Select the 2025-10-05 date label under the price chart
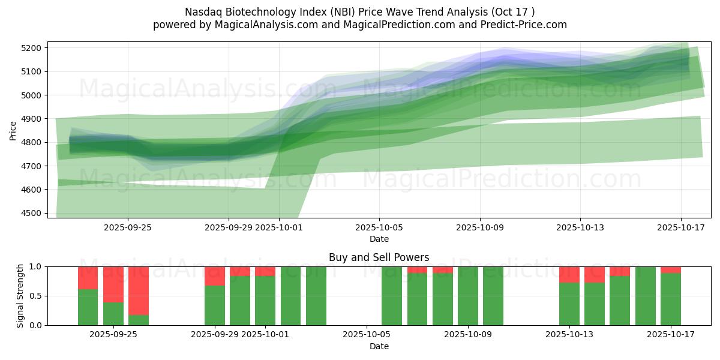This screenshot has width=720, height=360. tap(379, 227)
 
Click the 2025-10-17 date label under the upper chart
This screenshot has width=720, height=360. tap(681, 227)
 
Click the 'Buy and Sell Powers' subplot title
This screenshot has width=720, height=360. tap(379, 257)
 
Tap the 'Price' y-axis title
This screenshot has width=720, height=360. tap(13, 131)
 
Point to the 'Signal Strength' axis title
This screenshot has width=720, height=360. tap(20, 296)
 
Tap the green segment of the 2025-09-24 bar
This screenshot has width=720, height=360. tap(88, 307)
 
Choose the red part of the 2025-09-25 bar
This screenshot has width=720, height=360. tap(113, 284)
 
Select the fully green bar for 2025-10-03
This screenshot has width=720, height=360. tap(316, 296)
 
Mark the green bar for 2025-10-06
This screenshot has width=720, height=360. tap(392, 296)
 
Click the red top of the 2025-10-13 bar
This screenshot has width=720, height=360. tap(569, 274)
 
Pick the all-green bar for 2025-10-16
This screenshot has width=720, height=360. tap(646, 296)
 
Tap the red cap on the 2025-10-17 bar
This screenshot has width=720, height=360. tap(671, 269)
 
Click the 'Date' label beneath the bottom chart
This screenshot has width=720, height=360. tap(379, 346)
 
